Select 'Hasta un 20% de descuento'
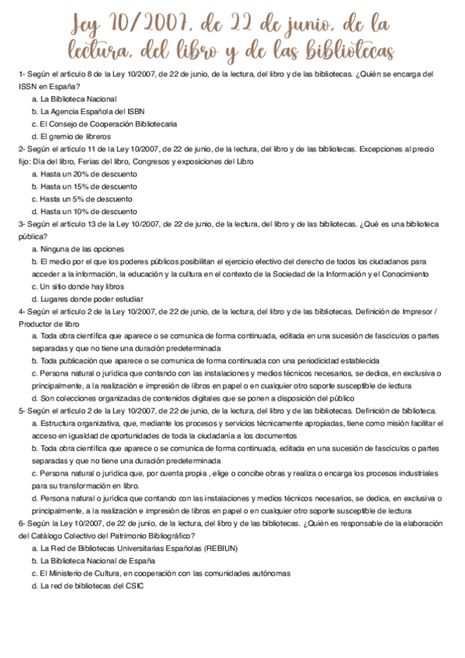(x=88, y=175)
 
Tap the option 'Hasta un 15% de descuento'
(x=88, y=187)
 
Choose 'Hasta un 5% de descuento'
(x=87, y=199)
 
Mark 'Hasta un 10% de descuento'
(x=88, y=212)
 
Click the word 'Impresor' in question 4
(x=418, y=312)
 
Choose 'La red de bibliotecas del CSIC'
(x=92, y=586)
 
